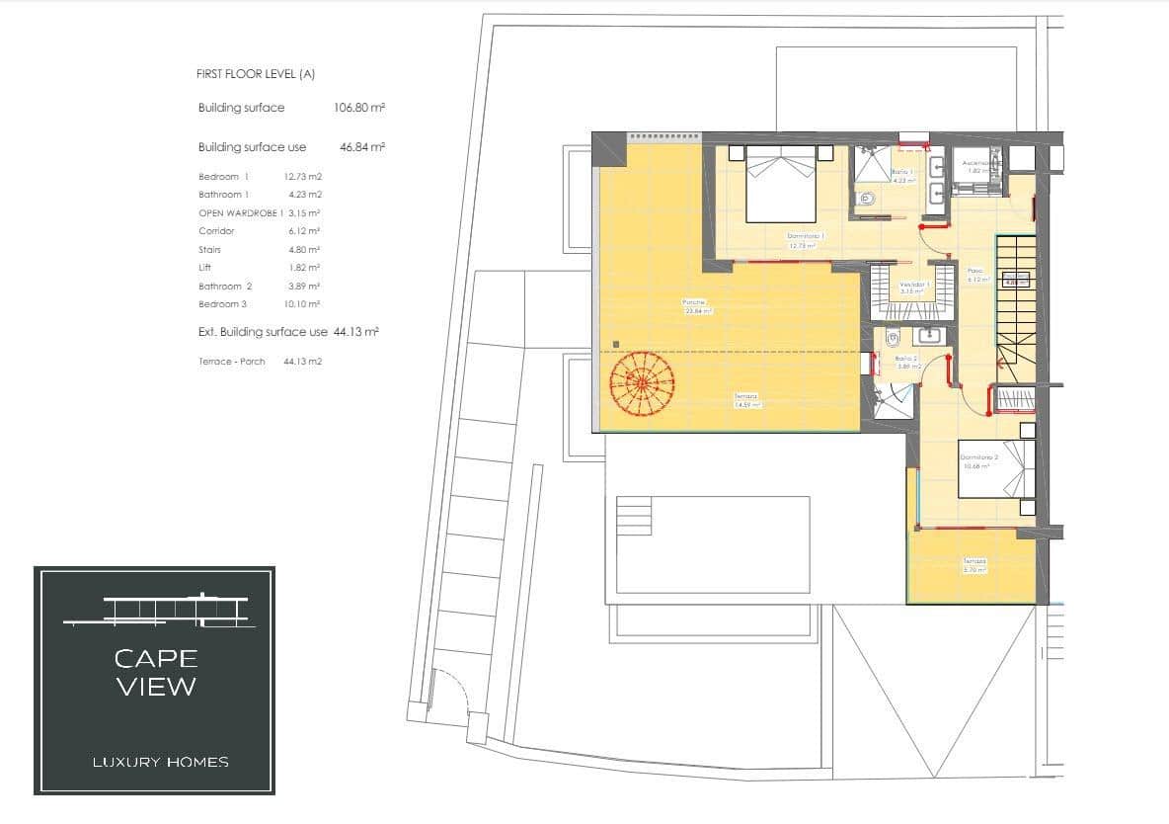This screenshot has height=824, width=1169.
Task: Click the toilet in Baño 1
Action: (x=870, y=200)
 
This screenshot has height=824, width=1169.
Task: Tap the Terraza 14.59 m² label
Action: (x=746, y=400)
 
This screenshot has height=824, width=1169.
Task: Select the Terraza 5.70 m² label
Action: (x=974, y=566)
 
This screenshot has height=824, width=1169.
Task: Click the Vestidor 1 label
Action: (x=913, y=287)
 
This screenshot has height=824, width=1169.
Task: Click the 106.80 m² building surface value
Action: (x=359, y=108)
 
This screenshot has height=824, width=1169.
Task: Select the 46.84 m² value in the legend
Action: (x=361, y=147)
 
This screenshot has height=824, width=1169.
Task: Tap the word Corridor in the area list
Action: (x=216, y=231)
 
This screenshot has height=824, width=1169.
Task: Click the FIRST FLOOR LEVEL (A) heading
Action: (x=256, y=74)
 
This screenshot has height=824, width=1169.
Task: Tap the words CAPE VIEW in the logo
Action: (x=156, y=672)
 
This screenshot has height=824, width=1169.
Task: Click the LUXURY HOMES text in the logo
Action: (x=160, y=762)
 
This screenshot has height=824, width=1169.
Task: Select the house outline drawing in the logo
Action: (x=158, y=611)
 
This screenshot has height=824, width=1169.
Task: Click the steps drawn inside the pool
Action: (x=635, y=515)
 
